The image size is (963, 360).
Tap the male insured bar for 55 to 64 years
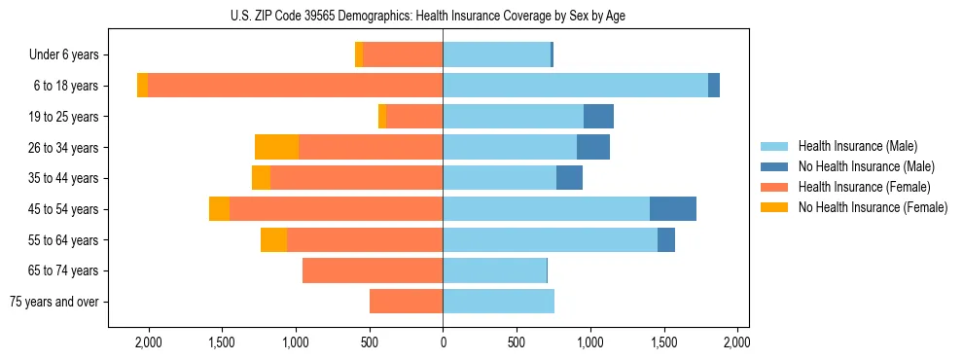[550, 240]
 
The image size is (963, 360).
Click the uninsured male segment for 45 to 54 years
[672, 209]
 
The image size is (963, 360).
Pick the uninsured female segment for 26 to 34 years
[276, 147]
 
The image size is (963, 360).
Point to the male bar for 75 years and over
[498, 302]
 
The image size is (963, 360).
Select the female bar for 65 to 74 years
[373, 270]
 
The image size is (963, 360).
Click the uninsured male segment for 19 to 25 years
[598, 117]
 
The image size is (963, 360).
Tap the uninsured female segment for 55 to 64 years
[273, 240]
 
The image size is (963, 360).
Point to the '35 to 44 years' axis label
[57, 178]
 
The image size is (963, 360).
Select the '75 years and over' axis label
[54, 302]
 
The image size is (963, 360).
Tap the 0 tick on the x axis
[443, 342]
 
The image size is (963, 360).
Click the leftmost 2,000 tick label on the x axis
[148, 342]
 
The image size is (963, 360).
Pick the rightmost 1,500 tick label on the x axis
[663, 342]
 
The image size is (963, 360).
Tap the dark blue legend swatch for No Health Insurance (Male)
[774, 166]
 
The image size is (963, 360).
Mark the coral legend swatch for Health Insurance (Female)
[774, 187]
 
